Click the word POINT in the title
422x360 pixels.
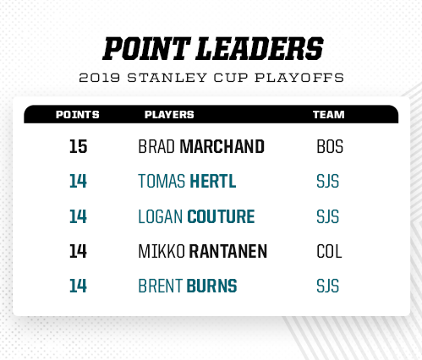click(145, 49)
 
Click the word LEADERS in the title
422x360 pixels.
click(260, 49)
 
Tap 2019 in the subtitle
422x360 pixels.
click(99, 78)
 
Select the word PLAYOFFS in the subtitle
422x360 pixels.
click(299, 78)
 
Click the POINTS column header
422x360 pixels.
click(78, 115)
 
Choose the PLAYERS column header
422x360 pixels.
click(169, 115)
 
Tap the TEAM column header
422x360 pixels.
click(328, 115)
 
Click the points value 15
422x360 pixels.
click(78, 146)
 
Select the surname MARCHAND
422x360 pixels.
click(222, 146)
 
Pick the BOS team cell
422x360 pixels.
click(330, 146)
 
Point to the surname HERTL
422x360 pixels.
click(213, 181)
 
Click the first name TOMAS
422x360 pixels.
click(162, 181)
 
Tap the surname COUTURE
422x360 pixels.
click(221, 216)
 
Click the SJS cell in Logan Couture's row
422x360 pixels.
click(327, 216)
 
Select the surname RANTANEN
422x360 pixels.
click(227, 252)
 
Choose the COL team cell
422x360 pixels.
click(329, 252)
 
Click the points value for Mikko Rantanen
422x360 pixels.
click(78, 252)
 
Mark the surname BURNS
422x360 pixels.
click(211, 286)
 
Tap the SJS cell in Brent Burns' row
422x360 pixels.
click(327, 286)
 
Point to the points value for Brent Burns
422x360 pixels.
click(78, 286)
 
